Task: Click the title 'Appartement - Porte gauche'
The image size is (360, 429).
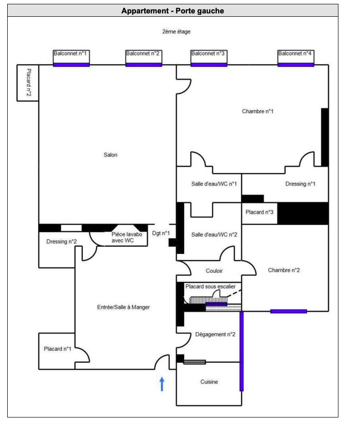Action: [173, 11]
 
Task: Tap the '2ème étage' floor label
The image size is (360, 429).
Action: [176, 32]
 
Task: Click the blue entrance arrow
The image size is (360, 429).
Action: [162, 384]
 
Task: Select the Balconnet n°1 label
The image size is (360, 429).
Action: [70, 53]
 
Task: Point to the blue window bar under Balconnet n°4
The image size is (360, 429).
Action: [296, 65]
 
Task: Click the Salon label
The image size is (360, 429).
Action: [111, 155]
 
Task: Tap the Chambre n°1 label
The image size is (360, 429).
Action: [258, 111]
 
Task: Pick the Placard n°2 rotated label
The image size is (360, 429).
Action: [29, 82]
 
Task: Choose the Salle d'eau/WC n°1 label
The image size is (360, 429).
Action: [214, 184]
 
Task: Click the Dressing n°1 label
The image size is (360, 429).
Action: [301, 184]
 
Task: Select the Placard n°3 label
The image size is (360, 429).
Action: [259, 212]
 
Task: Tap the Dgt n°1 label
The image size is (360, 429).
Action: [161, 233]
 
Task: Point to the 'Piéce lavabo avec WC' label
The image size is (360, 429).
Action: [127, 237]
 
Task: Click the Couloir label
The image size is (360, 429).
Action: [214, 271]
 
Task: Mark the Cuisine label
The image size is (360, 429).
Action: [209, 382]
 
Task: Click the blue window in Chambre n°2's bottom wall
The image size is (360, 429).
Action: [289, 312]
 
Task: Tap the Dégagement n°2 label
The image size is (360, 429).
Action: [215, 335]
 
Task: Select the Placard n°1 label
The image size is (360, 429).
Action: [58, 349]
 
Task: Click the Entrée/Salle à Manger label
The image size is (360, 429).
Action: [123, 307]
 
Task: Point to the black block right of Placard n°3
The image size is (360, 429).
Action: [303, 213]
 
